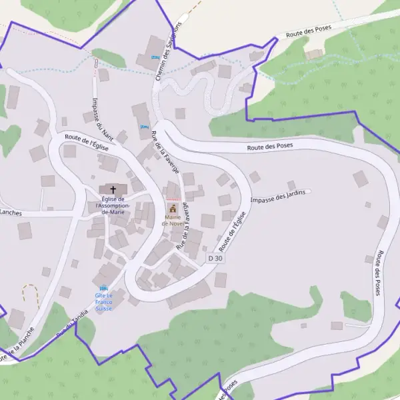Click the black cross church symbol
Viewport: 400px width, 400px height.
(112, 189)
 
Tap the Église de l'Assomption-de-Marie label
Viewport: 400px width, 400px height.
(112, 205)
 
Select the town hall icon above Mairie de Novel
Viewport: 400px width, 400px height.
(173, 209)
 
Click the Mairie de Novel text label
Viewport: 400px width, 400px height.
(173, 221)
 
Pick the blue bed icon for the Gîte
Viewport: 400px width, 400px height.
(103, 288)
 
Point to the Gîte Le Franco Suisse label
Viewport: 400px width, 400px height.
(104, 302)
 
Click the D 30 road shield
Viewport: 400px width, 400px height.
(215, 258)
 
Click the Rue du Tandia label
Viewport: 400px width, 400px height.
(72, 325)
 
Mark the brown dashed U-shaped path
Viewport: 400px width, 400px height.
(30, 293)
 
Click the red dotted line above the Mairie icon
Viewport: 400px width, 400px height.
(173, 199)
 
